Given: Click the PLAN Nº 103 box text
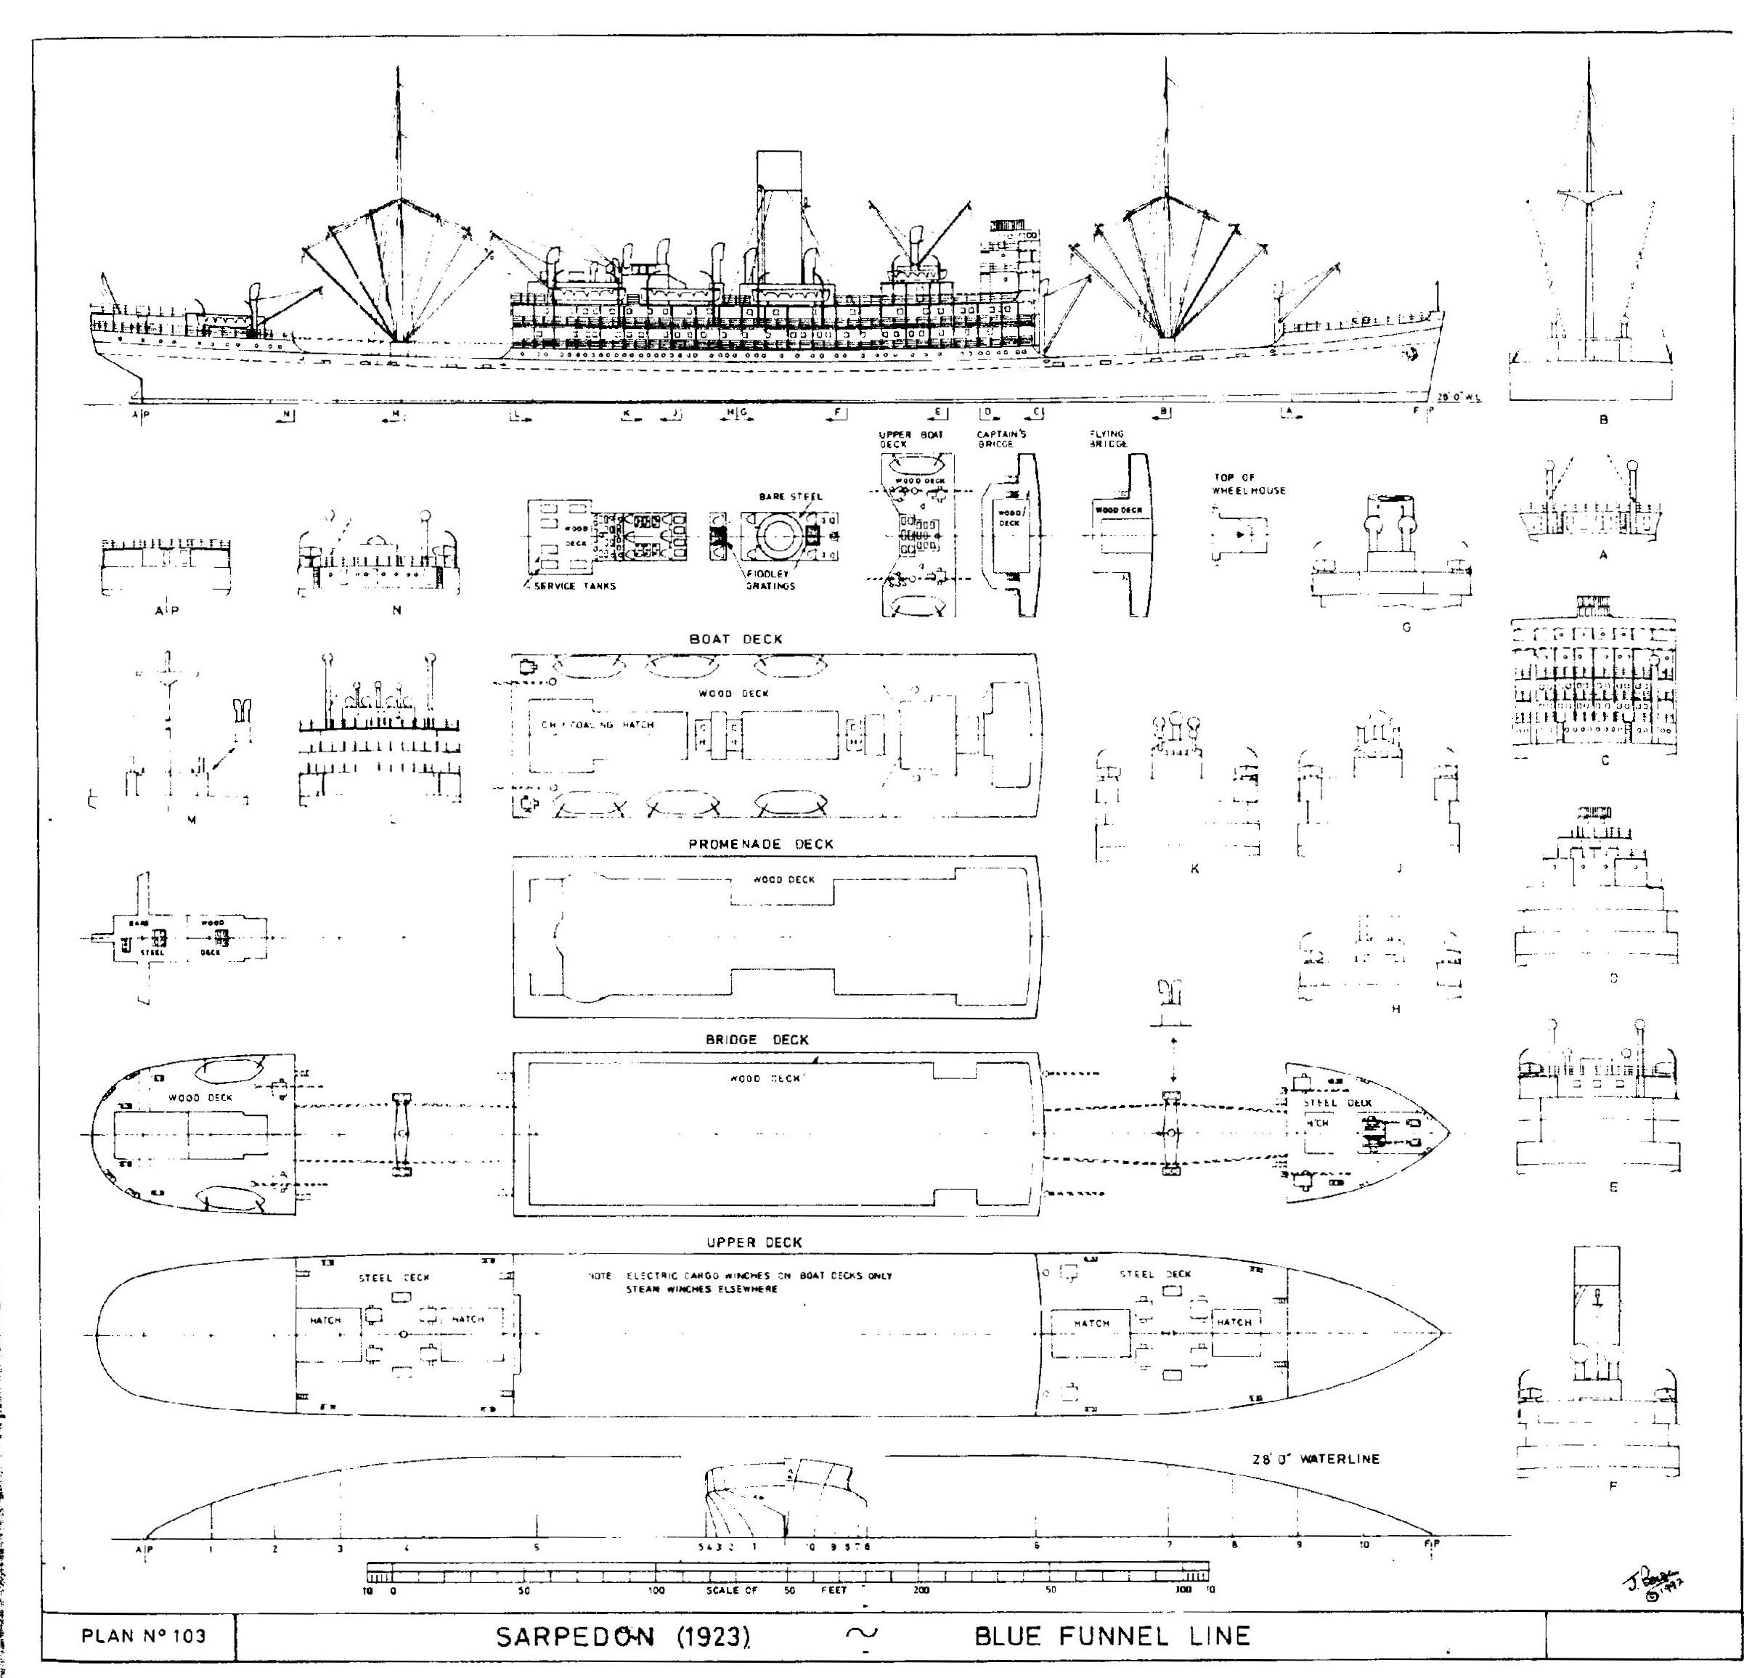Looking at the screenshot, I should tap(142, 1635).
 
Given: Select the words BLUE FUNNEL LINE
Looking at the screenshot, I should tap(1112, 1635).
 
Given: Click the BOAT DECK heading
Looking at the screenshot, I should tap(736, 639).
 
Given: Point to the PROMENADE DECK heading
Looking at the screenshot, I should tap(761, 844).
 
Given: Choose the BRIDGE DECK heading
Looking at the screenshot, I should tap(757, 1039).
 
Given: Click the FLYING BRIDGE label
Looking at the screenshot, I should tap(1108, 439).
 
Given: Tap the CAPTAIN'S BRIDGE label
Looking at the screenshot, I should tap(1001, 439).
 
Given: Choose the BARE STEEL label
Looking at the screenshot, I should tap(790, 497).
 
